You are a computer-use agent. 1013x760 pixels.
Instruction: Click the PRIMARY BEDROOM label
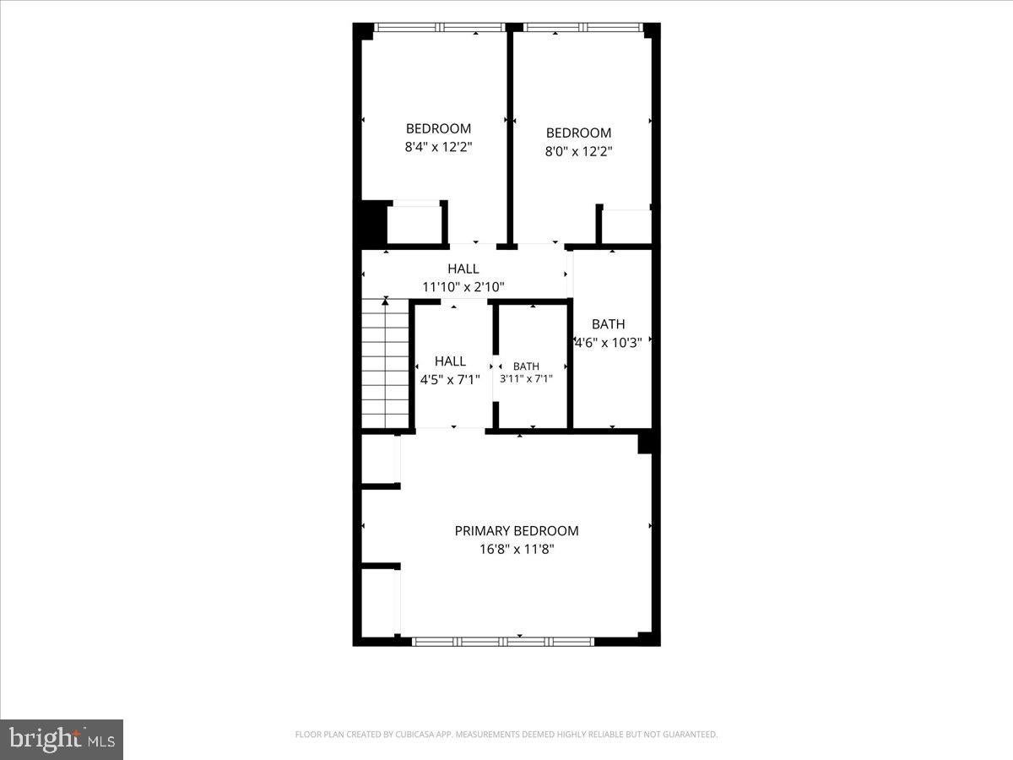[517, 530]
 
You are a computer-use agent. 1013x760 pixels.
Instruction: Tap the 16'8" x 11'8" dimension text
[517, 549]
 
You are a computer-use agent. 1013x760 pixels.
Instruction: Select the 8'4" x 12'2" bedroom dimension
[438, 147]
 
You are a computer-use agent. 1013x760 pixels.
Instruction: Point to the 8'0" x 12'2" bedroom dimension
[579, 151]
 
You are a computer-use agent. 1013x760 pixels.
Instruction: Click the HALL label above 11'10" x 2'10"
[463, 269]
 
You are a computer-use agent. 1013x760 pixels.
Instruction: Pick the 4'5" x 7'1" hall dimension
[450, 380]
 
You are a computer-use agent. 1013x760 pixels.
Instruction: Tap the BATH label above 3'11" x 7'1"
[526, 366]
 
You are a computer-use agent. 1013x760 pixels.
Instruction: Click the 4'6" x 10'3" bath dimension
[609, 343]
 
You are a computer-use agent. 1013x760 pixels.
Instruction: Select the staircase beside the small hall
[385, 363]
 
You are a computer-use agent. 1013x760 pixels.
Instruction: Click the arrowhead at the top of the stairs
[385, 301]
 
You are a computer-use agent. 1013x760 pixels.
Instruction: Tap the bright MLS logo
[62, 740]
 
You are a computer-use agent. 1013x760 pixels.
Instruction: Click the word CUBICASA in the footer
[413, 734]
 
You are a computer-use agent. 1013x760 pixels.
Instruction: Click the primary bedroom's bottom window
[503, 642]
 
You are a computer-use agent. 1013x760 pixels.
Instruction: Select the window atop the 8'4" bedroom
[440, 27]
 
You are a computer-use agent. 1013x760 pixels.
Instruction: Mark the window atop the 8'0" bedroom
[583, 27]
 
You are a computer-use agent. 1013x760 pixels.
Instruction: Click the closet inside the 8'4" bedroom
[414, 225]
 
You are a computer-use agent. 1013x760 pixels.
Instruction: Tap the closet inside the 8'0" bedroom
[626, 226]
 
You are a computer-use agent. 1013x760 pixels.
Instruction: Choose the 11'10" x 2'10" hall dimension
[463, 287]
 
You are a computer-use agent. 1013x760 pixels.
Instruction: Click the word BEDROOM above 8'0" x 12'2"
[579, 133]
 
